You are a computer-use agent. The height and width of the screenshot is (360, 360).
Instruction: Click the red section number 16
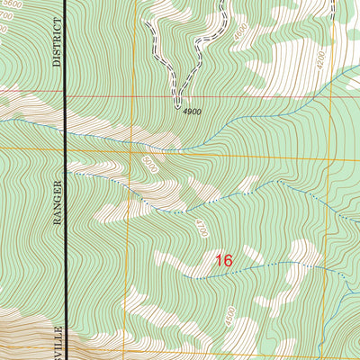[223, 260]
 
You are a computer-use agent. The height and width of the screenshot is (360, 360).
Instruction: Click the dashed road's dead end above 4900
[177, 100]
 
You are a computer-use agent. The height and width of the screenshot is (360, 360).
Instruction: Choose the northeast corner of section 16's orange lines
[346, 148]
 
